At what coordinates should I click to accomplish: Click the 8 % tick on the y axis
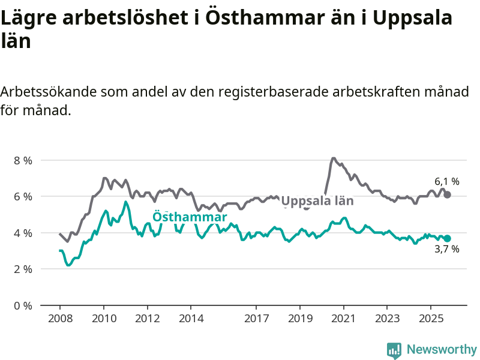click(x=23, y=160)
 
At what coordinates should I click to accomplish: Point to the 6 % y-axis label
click(x=23, y=197)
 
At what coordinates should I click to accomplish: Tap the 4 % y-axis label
click(x=23, y=233)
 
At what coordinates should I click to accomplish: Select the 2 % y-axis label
click(x=23, y=269)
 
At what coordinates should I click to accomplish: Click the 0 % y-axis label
click(x=23, y=305)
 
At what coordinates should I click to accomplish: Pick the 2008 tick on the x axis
click(x=60, y=317)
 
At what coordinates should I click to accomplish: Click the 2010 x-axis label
click(x=104, y=317)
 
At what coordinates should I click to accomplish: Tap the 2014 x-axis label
click(x=191, y=317)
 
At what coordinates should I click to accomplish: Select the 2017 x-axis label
click(x=256, y=317)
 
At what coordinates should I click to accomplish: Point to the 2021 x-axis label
click(x=344, y=317)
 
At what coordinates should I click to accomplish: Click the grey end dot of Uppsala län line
click(x=448, y=194)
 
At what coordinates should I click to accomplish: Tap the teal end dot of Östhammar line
click(x=448, y=238)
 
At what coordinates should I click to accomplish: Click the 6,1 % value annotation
click(x=447, y=181)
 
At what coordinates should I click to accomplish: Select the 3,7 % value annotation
click(x=447, y=250)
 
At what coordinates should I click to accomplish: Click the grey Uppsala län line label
click(x=317, y=202)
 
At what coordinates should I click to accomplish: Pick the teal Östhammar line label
click(x=190, y=217)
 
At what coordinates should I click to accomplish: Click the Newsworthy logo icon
click(x=394, y=350)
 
